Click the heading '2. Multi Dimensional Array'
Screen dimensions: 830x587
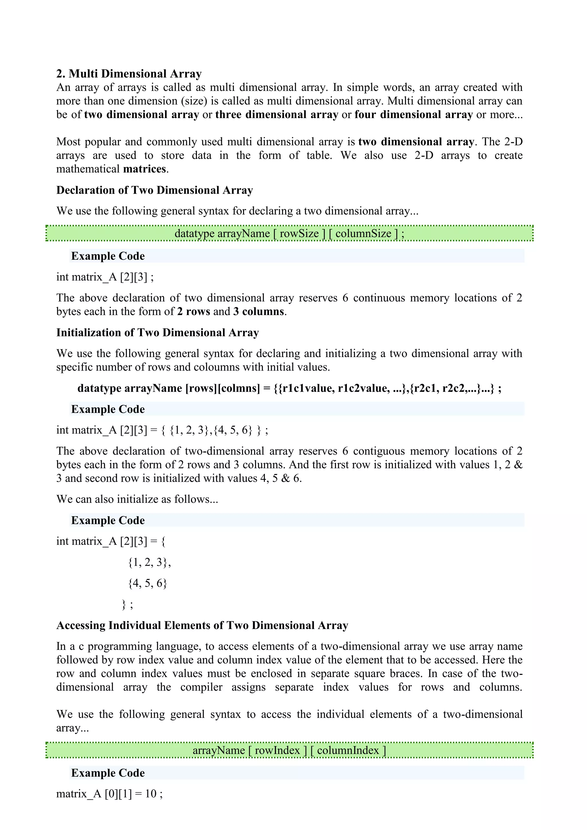129,74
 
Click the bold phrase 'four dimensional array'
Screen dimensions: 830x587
414,115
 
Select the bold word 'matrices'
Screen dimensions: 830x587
144,169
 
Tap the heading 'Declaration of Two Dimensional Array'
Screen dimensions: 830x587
154,190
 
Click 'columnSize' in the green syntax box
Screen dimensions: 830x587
363,234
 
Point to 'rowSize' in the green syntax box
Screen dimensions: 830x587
299,234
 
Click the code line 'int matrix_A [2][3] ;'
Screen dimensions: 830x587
105,277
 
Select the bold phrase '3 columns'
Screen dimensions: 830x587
259,312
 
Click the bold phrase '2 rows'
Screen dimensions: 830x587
193,312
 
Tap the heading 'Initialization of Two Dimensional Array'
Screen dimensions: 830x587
158,332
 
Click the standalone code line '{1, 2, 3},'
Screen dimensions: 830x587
149,562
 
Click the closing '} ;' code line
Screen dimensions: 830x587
127,604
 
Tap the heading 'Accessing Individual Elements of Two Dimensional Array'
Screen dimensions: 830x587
202,625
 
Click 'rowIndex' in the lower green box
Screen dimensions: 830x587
277,751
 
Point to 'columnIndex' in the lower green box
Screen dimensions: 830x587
348,751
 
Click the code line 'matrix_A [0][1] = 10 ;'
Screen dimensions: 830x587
109,794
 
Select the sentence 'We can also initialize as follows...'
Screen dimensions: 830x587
137,499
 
